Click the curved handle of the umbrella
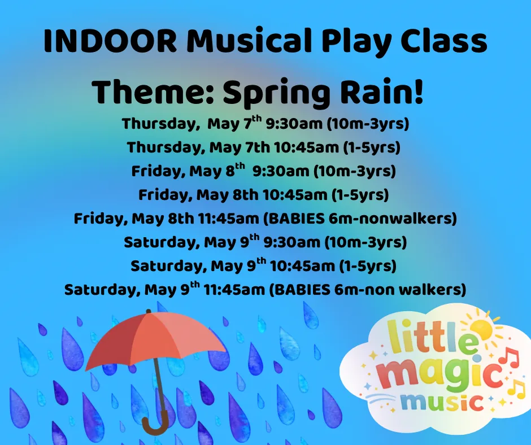tap(155, 421)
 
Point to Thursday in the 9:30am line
tap(158, 123)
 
